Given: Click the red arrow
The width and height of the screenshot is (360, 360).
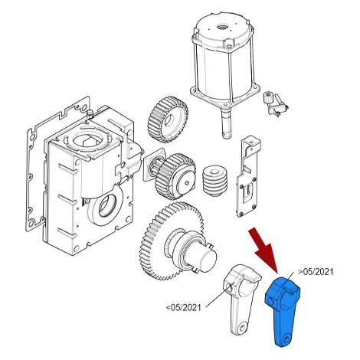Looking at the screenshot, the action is [265, 248].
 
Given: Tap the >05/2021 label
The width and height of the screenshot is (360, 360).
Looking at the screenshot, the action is [316, 272].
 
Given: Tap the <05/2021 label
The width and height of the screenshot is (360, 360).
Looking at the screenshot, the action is [184, 307].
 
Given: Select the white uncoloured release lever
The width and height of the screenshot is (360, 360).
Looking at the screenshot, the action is [242, 299].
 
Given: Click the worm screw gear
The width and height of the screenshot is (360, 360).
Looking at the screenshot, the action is [215, 182].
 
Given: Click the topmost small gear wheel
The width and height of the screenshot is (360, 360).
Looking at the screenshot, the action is [168, 119].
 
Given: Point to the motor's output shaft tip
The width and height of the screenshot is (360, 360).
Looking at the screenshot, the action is [225, 136].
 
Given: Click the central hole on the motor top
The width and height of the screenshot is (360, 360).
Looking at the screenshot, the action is [220, 26].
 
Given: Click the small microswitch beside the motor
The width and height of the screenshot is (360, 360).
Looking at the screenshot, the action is [278, 108].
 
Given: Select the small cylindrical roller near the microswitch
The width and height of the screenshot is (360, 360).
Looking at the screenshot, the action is [268, 97].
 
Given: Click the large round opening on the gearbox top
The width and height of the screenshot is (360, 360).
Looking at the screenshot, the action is [88, 139].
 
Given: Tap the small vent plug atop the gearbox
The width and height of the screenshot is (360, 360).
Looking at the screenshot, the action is [90, 113].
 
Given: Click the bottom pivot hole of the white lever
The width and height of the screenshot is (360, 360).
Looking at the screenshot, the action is [243, 327].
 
